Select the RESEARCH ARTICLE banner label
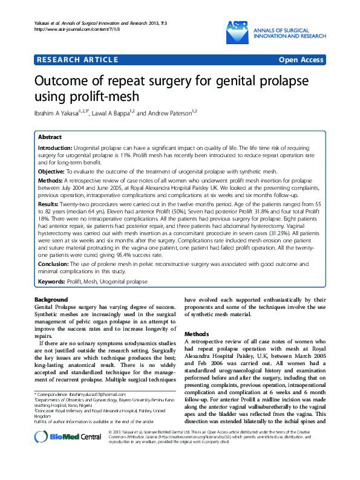coord(77,59)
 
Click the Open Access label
coord(301,59)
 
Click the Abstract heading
coord(50,138)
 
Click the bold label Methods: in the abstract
coord(51,181)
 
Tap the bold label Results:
coord(50,205)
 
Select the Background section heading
coord(51,300)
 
